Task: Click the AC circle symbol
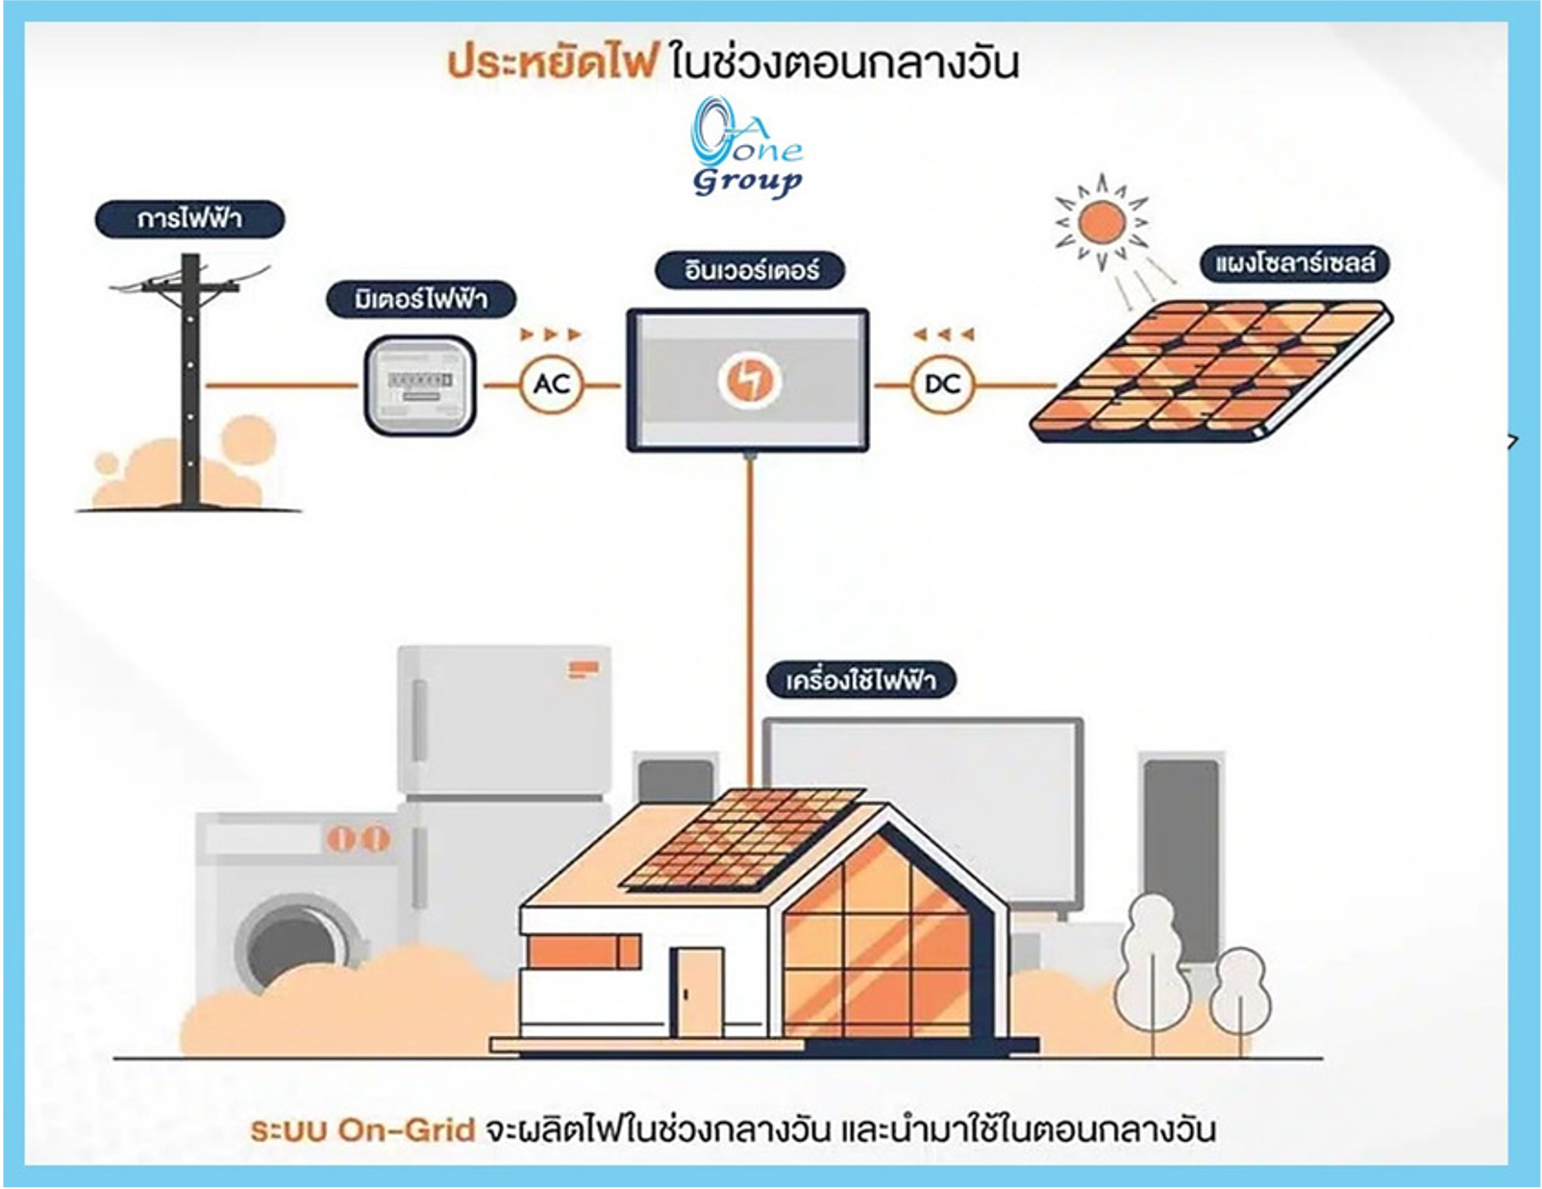click(552, 384)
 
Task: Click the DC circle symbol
click(942, 384)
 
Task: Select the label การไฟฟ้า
click(189, 219)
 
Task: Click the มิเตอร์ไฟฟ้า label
click(421, 300)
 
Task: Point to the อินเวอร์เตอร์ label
click(751, 270)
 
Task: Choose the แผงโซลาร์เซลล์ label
click(1294, 263)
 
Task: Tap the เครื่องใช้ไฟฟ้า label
click(860, 681)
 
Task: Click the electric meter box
click(420, 385)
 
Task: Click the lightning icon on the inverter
click(748, 380)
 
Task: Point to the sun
click(1102, 222)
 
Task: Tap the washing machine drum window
click(291, 947)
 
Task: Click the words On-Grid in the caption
click(408, 1129)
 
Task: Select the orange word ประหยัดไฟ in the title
click(552, 63)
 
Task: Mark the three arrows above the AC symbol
click(551, 334)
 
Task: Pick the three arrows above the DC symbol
click(943, 334)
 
